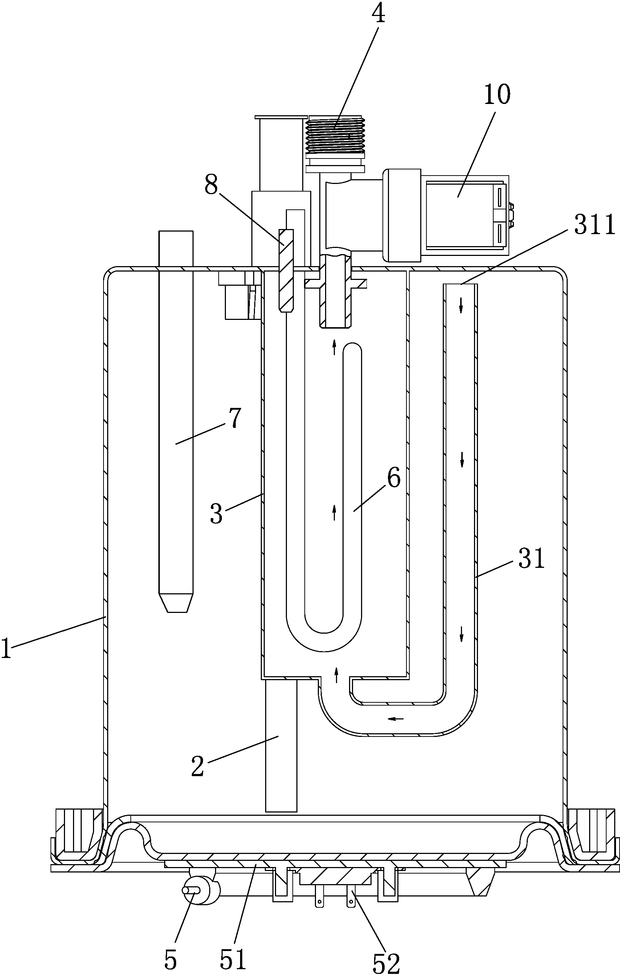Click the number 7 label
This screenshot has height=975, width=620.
point(235,418)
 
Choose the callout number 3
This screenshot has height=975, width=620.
point(217,514)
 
